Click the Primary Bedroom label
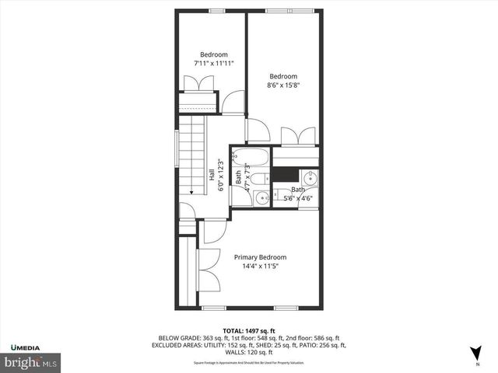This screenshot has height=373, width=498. [260, 257]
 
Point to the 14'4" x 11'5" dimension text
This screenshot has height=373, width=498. [260, 267]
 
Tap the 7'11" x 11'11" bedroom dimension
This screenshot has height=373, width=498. [213, 63]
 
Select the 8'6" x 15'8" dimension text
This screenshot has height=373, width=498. [283, 85]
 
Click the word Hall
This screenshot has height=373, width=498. [212, 176]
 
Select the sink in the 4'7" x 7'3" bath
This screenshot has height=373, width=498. [259, 197]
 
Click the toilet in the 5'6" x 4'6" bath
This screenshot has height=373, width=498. [279, 194]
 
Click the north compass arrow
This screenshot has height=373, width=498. [476, 352]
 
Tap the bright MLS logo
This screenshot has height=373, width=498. [31, 362]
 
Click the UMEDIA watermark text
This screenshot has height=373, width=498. [26, 346]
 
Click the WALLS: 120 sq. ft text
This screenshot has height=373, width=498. [252, 352]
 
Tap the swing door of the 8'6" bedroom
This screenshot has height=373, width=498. [257, 129]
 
